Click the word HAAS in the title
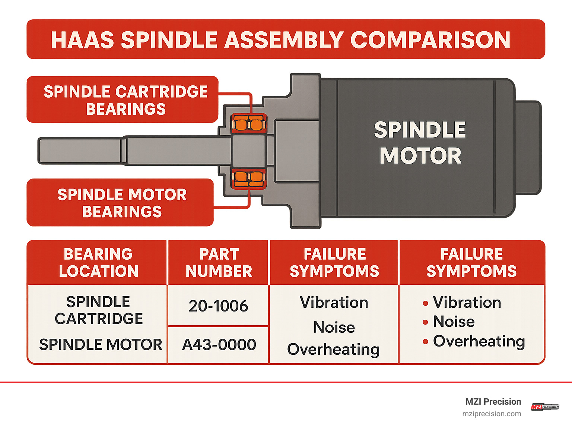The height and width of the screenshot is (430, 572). point(82,40)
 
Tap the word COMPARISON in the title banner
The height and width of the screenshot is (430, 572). point(430,40)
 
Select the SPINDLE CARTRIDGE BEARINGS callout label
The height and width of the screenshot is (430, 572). point(125,100)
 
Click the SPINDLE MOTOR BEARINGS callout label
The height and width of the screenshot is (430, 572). point(122,203)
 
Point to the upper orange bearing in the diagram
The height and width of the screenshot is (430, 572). point(248,123)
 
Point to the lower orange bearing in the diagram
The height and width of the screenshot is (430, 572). point(248,178)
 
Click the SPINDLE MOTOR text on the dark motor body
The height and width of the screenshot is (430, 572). point(420,143)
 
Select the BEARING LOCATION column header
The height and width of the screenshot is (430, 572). point(98,263)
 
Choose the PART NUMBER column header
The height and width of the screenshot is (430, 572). point(219,263)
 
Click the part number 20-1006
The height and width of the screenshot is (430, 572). point(218,306)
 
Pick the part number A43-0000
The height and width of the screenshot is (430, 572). point(219,345)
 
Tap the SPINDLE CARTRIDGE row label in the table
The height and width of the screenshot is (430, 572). point(98,310)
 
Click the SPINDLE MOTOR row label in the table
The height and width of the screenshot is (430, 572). point(101,345)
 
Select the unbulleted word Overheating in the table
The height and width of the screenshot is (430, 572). point(333,350)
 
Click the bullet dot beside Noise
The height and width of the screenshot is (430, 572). point(425,322)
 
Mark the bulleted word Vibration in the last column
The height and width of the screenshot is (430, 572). point(467,303)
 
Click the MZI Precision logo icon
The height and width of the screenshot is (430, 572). point(545,407)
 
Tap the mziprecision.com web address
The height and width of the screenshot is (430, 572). point(492,414)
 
